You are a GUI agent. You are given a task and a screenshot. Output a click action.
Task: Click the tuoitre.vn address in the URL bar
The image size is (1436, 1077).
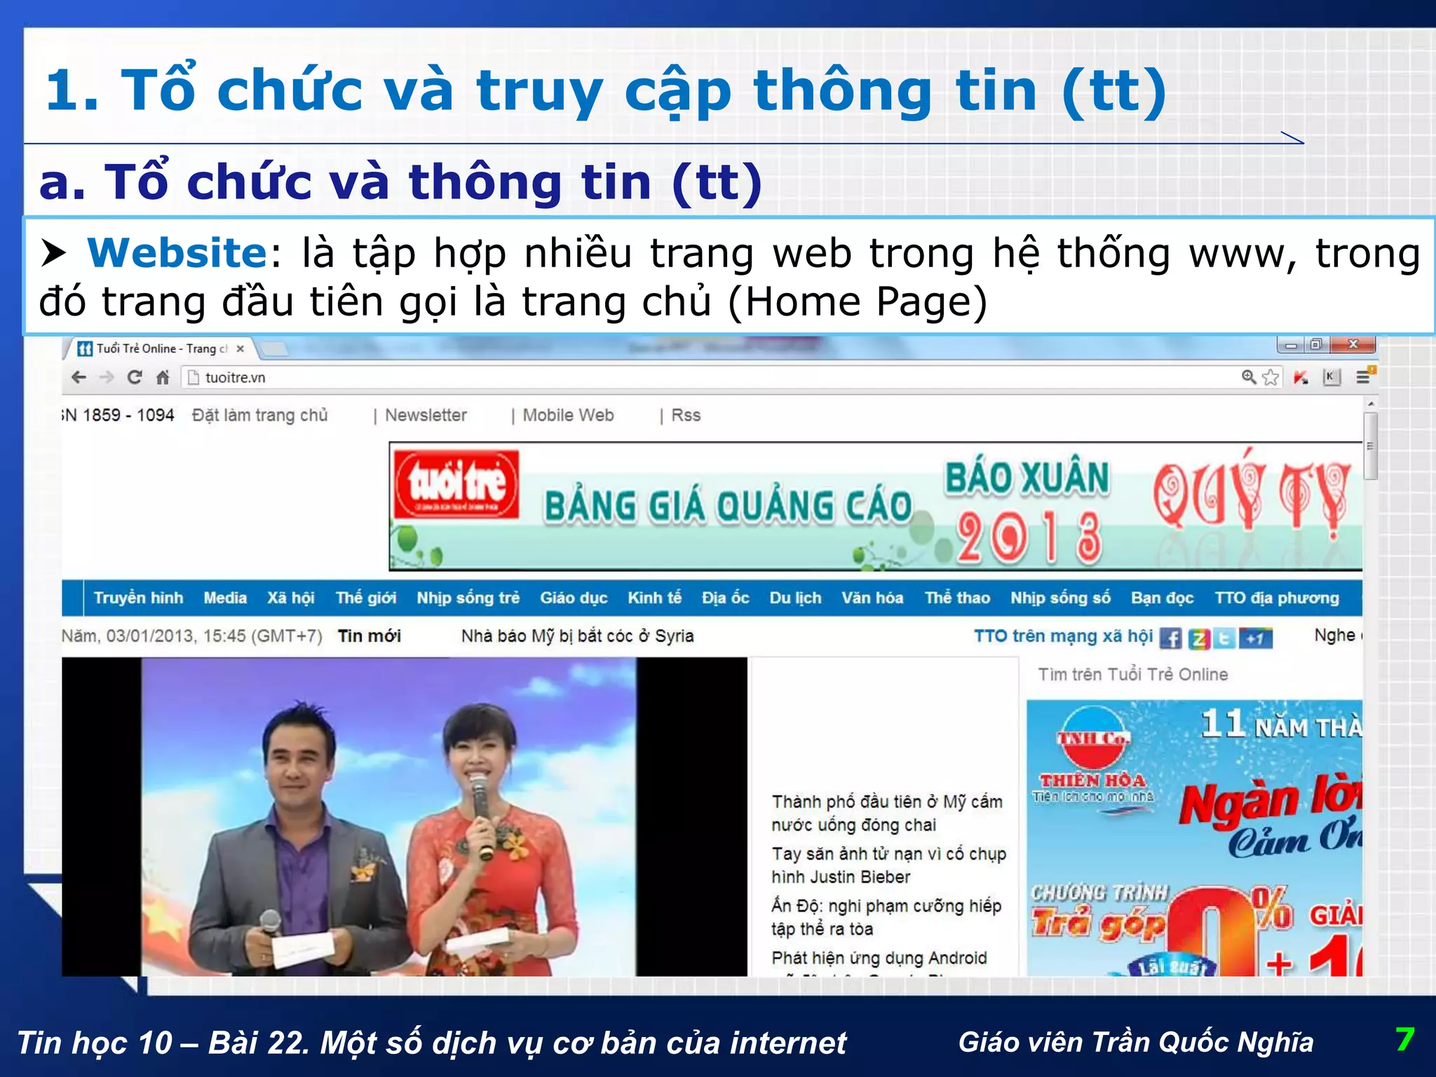(235, 378)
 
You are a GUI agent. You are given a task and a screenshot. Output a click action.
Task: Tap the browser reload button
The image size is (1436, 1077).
(135, 378)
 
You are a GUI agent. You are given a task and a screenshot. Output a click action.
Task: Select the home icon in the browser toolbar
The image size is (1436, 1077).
(163, 378)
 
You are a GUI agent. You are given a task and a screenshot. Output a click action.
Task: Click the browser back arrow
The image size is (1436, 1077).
(79, 378)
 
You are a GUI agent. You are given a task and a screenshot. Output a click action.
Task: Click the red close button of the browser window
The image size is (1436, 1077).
(1353, 344)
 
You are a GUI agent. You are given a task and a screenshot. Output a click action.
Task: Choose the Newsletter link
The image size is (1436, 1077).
(426, 415)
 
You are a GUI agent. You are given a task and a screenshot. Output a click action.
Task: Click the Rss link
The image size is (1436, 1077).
(686, 415)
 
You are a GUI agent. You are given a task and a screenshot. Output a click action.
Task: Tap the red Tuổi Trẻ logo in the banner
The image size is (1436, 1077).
(456, 485)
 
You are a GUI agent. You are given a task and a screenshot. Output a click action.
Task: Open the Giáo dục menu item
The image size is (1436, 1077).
(574, 598)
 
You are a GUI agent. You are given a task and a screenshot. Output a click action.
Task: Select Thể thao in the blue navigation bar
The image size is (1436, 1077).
(957, 598)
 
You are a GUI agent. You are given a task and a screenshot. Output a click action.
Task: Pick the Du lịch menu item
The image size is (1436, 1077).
(795, 598)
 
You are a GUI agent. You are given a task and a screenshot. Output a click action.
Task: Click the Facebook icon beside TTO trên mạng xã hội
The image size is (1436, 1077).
(1170, 638)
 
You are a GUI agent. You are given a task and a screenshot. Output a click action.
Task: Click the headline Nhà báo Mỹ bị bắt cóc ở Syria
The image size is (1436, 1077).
(577, 636)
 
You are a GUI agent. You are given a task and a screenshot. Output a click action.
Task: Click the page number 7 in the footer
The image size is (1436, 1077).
(1404, 1040)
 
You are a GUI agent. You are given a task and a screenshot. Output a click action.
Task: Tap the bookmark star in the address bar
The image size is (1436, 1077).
(1271, 378)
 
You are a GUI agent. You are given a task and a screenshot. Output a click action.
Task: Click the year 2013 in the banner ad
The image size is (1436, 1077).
(1029, 538)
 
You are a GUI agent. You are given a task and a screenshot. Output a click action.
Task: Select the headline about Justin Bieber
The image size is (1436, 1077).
(888, 865)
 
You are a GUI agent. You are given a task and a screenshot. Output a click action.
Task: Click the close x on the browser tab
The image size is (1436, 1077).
(241, 348)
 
